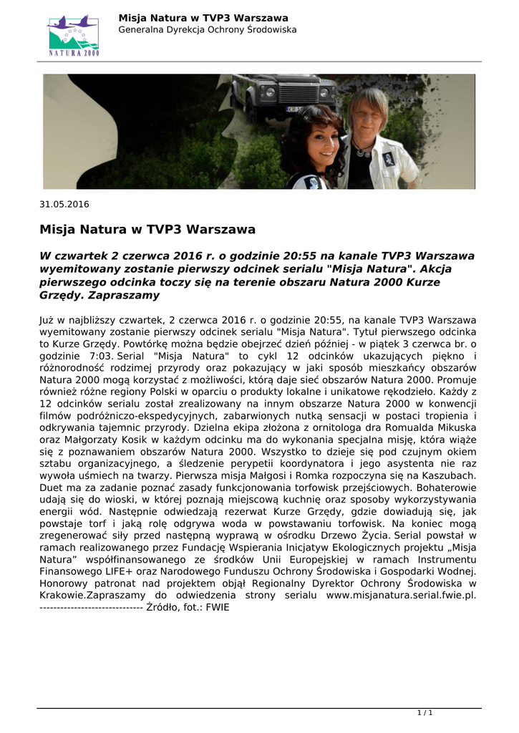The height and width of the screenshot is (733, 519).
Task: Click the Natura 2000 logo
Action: (74, 35)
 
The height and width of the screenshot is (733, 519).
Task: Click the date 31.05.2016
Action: (64, 204)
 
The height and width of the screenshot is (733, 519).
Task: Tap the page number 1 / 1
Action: (425, 712)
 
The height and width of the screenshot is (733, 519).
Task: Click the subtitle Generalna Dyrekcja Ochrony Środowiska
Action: (207, 30)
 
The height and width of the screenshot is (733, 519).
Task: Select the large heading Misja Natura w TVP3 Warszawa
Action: (147, 230)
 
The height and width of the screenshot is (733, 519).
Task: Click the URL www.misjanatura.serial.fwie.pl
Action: (401, 595)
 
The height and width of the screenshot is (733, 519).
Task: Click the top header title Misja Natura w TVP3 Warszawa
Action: (203, 17)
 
